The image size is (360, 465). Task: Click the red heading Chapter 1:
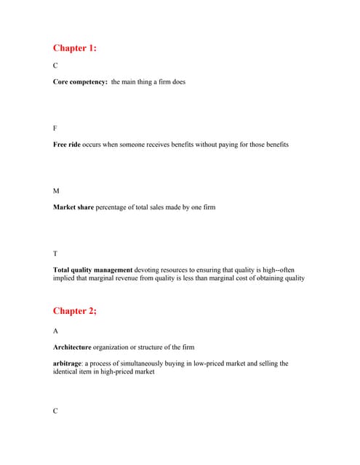click(x=74, y=48)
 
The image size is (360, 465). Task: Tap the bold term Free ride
click(x=68, y=145)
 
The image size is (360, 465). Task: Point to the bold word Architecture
click(x=76, y=347)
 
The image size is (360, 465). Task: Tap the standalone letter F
click(x=55, y=128)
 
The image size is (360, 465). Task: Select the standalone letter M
click(x=56, y=190)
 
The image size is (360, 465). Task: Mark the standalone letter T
click(x=55, y=253)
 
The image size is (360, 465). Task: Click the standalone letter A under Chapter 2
click(x=56, y=331)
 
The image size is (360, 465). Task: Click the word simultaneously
click(x=151, y=363)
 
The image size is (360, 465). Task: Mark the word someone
click(x=135, y=145)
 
